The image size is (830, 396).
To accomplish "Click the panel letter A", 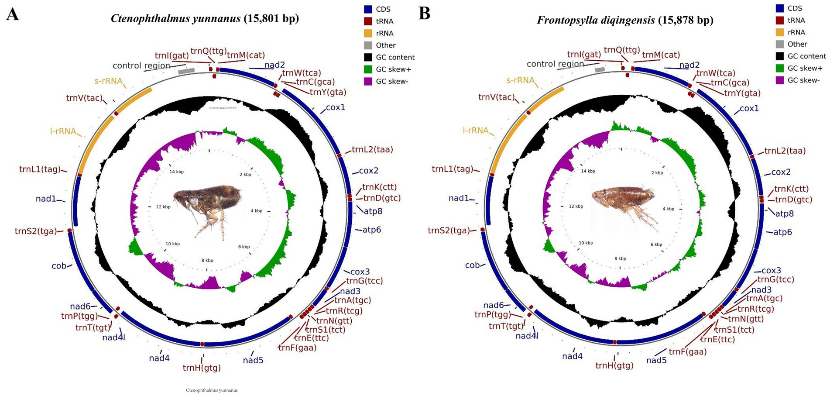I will tap(13, 14).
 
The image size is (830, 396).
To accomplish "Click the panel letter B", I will tap(424, 14).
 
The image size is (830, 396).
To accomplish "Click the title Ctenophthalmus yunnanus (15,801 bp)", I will tap(205, 18).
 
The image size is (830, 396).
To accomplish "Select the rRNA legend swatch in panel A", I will tap(368, 33).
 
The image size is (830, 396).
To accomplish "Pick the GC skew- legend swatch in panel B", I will tap(780, 80).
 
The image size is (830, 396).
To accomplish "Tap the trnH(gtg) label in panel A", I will tap(202, 368).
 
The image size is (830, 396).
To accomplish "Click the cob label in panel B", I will tap(472, 265).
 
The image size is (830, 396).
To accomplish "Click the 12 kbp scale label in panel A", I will tap(164, 207).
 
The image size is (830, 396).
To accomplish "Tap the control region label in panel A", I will tap(141, 65).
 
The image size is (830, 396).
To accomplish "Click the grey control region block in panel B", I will tap(600, 70).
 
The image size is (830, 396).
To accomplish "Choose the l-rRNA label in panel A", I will tap(63, 131).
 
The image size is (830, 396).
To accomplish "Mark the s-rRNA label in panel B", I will tap(520, 80).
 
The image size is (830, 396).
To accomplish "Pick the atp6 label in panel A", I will tap(371, 230).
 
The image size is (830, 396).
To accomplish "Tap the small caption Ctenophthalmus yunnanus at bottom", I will tap(212, 390).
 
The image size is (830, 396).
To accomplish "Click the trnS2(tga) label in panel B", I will tap(449, 231).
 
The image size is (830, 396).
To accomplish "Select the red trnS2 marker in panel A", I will tap(69, 231).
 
